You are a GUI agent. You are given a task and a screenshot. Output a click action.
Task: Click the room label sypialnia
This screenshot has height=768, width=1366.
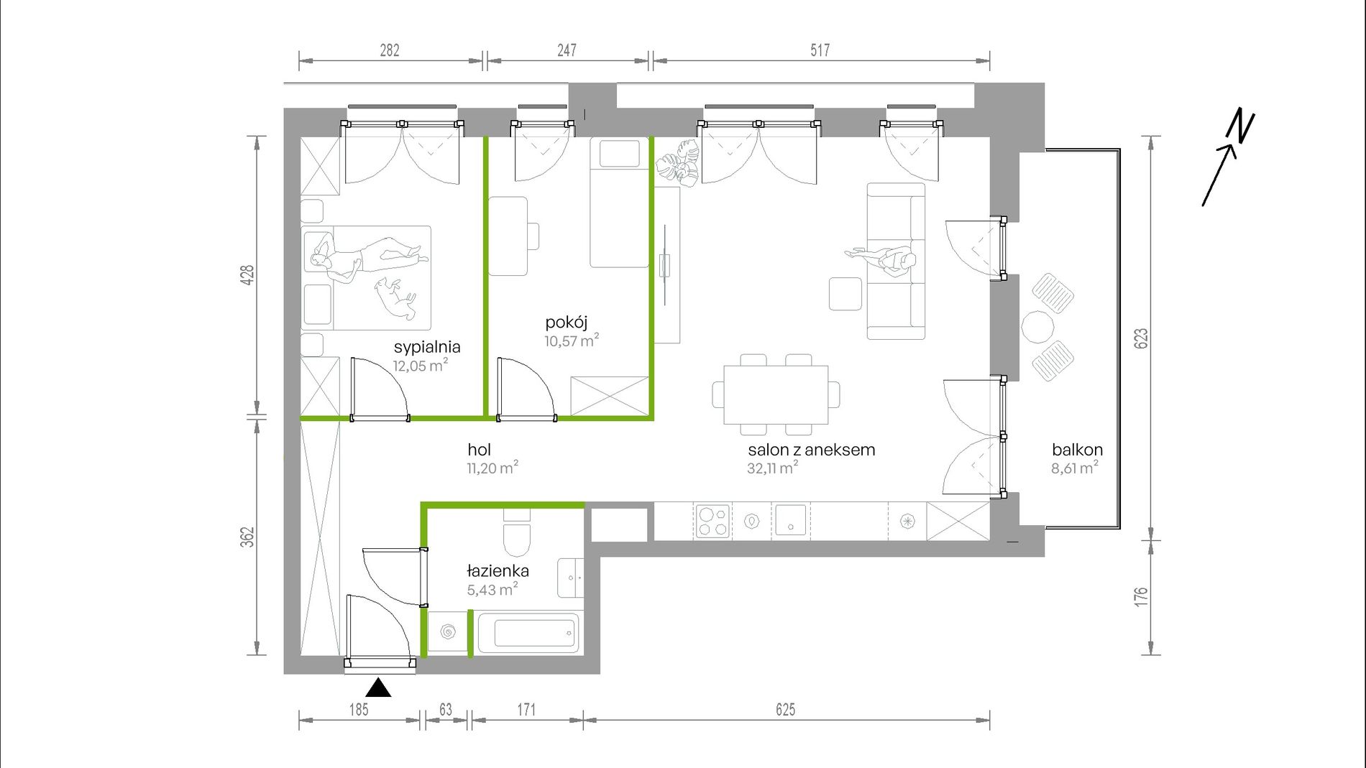pos(427,347)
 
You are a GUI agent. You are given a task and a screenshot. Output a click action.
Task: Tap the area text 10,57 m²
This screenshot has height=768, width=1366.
pos(572,340)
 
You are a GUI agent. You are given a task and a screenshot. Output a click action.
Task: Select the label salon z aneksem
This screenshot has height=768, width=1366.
pos(812,450)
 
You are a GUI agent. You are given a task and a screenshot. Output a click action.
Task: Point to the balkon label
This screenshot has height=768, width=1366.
pos(1077,450)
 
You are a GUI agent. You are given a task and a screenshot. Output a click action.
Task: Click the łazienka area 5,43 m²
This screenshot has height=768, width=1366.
pos(492,589)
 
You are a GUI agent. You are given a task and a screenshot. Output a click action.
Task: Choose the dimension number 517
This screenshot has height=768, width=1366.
pos(820,50)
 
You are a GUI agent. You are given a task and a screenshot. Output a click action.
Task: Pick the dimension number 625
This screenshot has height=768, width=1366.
pos(786,710)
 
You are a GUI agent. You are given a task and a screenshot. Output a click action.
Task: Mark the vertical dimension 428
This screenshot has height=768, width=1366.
pos(247,275)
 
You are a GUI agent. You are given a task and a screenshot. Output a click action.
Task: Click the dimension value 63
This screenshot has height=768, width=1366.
pos(446,710)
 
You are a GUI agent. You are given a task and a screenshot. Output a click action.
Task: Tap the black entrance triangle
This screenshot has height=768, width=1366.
pos(378,688)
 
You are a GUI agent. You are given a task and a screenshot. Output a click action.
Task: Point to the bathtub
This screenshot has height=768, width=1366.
pos(530,632)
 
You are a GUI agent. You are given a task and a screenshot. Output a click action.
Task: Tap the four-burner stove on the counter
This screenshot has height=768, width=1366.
pos(712,522)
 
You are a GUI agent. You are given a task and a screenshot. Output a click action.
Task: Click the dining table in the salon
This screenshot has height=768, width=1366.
pos(776,395)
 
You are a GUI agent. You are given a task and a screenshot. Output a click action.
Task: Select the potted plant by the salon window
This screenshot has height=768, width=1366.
pos(677,163)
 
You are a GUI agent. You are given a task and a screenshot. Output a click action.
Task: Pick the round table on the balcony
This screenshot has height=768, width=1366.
pos(1037,327)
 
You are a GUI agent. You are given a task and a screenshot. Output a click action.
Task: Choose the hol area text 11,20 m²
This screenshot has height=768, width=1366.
pos(492,468)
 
